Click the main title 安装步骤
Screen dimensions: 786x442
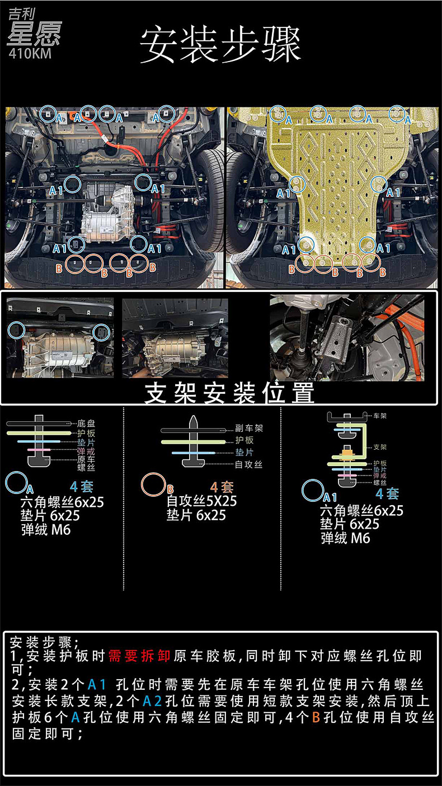pyautogui.click(x=220, y=45)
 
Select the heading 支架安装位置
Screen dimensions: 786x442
pyautogui.click(x=229, y=393)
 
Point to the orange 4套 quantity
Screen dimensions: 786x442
pyautogui.click(x=222, y=487)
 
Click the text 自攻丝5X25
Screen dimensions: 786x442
pyautogui.click(x=201, y=501)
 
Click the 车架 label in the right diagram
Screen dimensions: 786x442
pyautogui.click(x=380, y=416)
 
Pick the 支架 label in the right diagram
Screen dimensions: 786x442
pyautogui.click(x=380, y=448)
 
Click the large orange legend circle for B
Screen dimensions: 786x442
pyautogui.click(x=153, y=484)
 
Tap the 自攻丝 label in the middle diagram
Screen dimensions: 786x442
pyautogui.click(x=248, y=464)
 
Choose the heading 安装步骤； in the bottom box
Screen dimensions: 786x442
pyautogui.click(x=45, y=641)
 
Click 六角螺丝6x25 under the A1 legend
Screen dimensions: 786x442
pyautogui.click(x=361, y=510)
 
